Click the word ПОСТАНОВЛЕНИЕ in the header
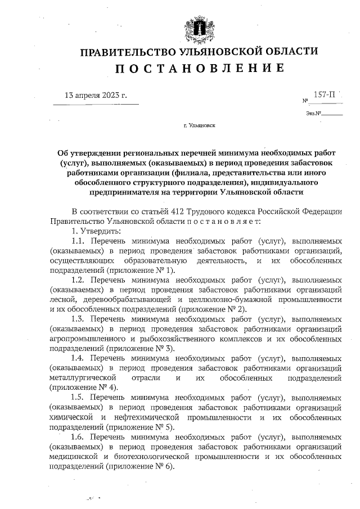[x=199, y=69]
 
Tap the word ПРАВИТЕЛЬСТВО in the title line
[x=124, y=52]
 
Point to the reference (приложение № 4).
[x=83, y=388]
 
